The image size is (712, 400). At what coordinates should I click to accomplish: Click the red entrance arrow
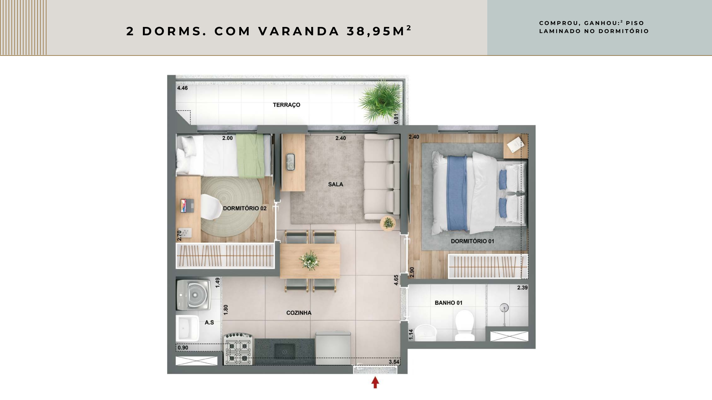tap(375, 382)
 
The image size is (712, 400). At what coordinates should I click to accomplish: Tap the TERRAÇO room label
tap(286, 105)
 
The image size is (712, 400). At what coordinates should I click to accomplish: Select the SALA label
tap(335, 184)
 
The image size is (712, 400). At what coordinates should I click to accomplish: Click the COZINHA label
tap(299, 313)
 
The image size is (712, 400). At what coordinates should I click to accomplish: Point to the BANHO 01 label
tap(448, 303)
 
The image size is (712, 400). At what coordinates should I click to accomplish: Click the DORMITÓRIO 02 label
tap(244, 208)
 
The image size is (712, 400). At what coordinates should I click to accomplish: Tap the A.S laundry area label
tap(209, 322)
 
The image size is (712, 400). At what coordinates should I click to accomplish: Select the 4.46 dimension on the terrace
tap(182, 88)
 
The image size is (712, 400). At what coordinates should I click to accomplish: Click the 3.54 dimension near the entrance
tap(394, 362)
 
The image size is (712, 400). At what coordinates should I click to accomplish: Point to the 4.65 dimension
tap(396, 280)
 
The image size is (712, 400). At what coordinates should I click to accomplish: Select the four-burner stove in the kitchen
tap(238, 349)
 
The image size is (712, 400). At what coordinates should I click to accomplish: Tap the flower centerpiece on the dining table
tap(309, 261)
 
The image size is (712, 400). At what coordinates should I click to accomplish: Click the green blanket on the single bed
tap(250, 156)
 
